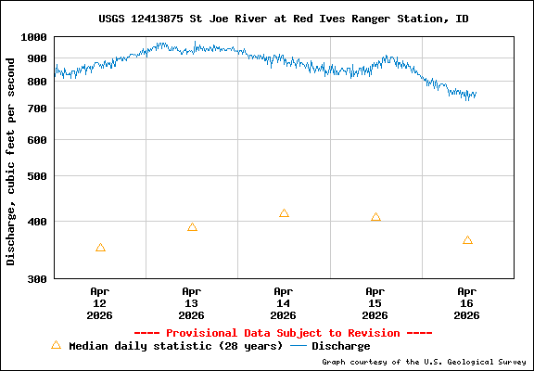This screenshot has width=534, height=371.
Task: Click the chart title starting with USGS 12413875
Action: point(283,19)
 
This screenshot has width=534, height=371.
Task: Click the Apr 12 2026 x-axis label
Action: point(100,302)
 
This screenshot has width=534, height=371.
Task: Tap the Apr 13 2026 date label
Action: point(192,302)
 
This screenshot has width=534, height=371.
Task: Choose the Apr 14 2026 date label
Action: point(284,302)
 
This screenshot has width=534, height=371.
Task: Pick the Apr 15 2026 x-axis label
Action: point(375,302)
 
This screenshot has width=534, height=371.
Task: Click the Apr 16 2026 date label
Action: point(467,302)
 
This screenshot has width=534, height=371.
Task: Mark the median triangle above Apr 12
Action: point(100,248)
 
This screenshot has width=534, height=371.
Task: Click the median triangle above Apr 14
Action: point(284,213)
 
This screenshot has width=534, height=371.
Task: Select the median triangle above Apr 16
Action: point(467,240)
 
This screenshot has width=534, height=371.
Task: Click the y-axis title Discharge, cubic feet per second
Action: point(11,161)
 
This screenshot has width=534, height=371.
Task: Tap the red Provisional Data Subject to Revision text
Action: point(283,333)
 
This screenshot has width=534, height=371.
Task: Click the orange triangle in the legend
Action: point(56,345)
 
